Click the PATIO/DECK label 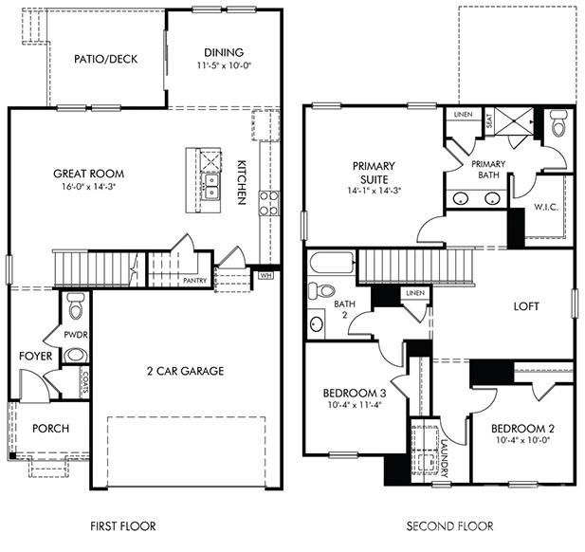pos(105,59)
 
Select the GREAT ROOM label pos(89,174)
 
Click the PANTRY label pos(194,281)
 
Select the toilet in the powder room pos(76,305)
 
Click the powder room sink pos(76,356)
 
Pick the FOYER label pos(36,357)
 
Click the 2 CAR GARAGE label pos(185,371)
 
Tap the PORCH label pos(50,429)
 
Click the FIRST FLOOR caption pos(122,525)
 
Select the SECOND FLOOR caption pos(449,525)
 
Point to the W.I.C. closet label pos(544,206)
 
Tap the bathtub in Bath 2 pos(330,263)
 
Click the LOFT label pos(526,306)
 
